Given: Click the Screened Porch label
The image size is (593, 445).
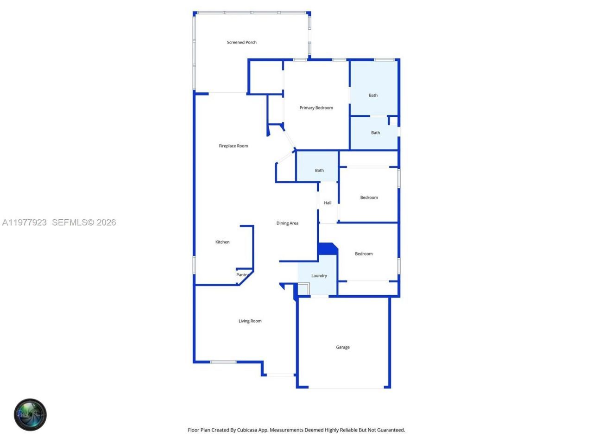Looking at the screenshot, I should coord(241,42).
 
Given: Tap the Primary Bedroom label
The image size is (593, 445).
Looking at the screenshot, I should coord(316,108).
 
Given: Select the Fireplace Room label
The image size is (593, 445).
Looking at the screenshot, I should coord(233,146).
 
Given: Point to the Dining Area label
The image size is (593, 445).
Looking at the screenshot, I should coord(287,223).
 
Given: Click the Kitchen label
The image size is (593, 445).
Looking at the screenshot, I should coord(222,242).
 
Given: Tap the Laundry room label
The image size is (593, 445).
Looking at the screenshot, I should coord(319,276).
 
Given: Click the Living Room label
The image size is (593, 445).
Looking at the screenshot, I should coord(250,321).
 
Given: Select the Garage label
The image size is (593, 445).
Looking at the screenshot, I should coord(343,347).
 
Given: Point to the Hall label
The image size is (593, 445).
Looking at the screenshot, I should coord(328,203).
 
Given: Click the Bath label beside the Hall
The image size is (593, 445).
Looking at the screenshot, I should coord(319,171).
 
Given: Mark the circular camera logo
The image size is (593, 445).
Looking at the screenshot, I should coord(30,414).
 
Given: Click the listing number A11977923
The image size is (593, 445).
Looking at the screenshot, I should coord(25,222).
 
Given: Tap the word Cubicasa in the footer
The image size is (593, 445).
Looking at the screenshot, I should coord(248,430).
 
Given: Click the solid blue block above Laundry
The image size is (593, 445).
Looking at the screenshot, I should coord(328,248).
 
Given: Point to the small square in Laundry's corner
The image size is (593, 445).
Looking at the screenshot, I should coord(303,288).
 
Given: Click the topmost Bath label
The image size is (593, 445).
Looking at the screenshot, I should coord(373,95).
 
